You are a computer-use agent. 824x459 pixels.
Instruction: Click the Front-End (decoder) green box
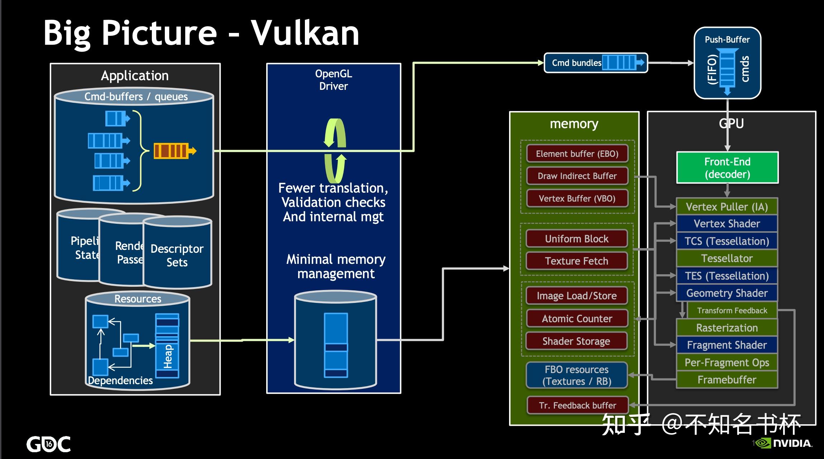pyautogui.click(x=727, y=168)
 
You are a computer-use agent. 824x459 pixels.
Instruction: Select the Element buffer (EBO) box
pyautogui.click(x=577, y=154)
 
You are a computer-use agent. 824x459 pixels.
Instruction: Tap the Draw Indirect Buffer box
pyautogui.click(x=577, y=176)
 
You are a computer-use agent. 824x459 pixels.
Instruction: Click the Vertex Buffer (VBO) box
pyautogui.click(x=577, y=198)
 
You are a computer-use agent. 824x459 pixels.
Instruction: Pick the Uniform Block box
pyautogui.click(x=576, y=239)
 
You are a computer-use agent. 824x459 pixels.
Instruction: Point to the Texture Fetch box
pyautogui.click(x=576, y=261)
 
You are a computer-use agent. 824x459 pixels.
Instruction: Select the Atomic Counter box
pyautogui.click(x=577, y=319)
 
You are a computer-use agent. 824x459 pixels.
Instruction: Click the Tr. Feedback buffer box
pyautogui.click(x=578, y=405)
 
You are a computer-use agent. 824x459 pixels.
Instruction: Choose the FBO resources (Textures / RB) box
pyautogui.click(x=576, y=375)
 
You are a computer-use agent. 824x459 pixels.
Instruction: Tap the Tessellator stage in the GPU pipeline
pyautogui.click(x=727, y=258)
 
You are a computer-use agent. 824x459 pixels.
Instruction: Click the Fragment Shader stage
pyautogui.click(x=727, y=345)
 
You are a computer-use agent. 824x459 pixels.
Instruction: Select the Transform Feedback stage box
pyautogui.click(x=732, y=310)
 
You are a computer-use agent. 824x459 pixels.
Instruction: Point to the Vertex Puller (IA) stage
pyautogui.click(x=727, y=207)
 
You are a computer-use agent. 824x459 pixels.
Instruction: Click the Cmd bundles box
pyautogui.click(x=595, y=63)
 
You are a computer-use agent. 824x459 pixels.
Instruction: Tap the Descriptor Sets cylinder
pyautogui.click(x=177, y=255)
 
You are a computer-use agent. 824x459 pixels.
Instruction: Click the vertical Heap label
pyautogui.click(x=168, y=356)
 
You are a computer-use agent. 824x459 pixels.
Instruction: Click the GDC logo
pyautogui.click(x=48, y=444)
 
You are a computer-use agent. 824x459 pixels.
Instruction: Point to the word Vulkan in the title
pyautogui.click(x=305, y=33)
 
